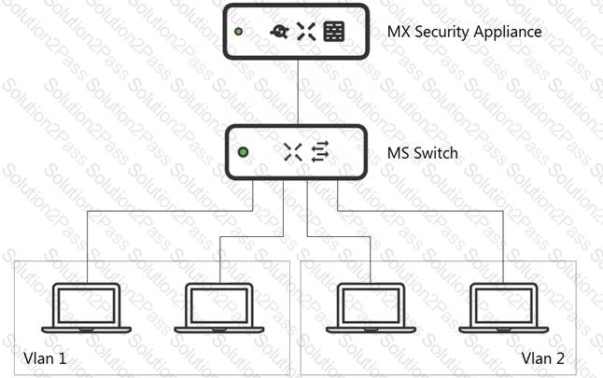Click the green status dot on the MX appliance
(238, 32)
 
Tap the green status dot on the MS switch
(243, 152)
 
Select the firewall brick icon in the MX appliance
(334, 32)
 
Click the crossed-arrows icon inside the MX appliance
(306, 32)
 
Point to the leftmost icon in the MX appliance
(280, 32)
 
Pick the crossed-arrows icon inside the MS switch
(293, 152)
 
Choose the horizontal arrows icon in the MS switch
(320, 152)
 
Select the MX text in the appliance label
(399, 32)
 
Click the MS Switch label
(423, 153)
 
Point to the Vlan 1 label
(45, 358)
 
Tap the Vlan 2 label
(543, 358)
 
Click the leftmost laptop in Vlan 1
(87, 308)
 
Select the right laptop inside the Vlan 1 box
(219, 308)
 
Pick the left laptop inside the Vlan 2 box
(372, 308)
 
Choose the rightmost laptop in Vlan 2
(504, 308)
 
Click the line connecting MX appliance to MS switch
(298, 91)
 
